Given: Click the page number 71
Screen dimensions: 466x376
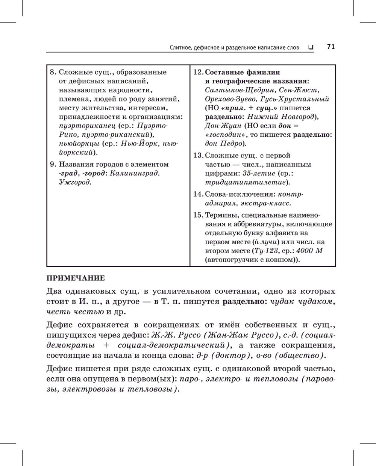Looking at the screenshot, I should coord(331,47).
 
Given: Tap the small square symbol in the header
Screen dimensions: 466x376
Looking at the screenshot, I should coord(311,47).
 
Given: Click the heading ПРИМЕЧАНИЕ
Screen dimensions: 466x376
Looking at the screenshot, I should coord(75,278).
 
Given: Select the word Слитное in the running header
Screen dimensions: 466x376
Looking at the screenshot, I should coord(182,48).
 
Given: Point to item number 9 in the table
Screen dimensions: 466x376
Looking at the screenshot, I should coord(53,164).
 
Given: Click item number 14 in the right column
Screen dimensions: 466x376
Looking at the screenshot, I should coord(198,194).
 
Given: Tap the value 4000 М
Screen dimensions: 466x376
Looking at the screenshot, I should coord(309,251).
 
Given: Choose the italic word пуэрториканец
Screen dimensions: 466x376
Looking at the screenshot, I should coord(87,126).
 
